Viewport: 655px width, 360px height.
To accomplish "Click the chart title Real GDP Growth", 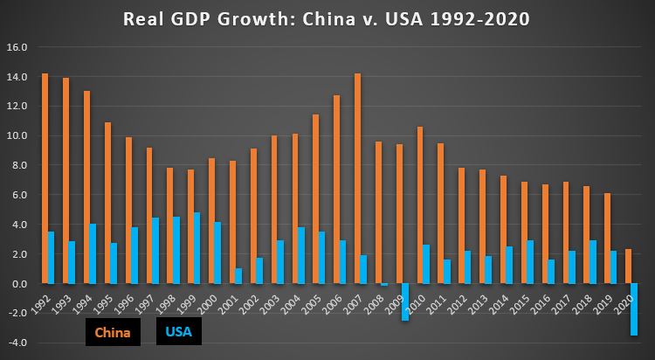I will (327, 18).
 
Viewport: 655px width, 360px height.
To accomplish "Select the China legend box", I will (112, 332).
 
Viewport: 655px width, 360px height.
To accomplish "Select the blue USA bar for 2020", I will (634, 309).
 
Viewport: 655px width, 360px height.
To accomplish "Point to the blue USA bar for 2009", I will (405, 302).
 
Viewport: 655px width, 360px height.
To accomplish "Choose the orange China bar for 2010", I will (419, 205).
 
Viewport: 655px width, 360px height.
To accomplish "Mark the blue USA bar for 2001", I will (239, 276).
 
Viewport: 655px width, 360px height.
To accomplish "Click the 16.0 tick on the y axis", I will (17, 46).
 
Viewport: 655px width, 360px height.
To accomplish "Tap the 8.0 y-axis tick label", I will (17, 165).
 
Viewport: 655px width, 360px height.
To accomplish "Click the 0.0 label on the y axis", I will (18, 284).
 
